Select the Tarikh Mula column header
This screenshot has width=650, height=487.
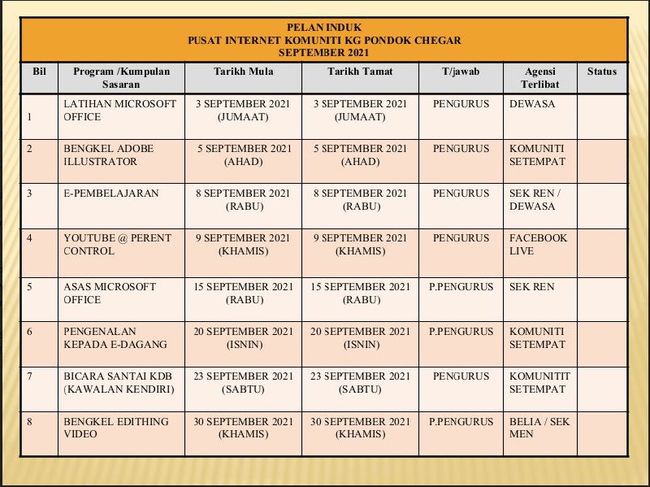click(x=243, y=72)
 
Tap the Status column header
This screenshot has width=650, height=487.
click(x=601, y=72)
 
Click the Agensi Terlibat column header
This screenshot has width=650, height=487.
click(x=540, y=77)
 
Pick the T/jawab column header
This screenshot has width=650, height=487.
click(x=461, y=72)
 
